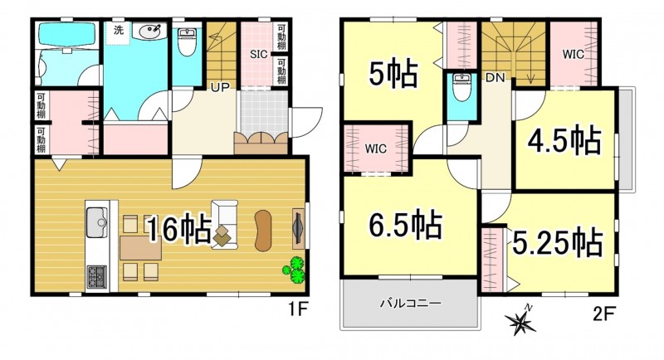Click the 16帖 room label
tap(179, 229)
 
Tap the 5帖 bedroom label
tap(393, 74)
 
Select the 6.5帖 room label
tap(405, 224)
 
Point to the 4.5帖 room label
tap(564, 140)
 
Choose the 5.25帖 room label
tap(557, 242)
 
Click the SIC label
tap(258, 54)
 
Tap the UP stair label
tap(220, 88)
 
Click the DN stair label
tap(495, 78)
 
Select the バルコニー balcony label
tap(410, 304)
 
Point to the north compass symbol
tap(521, 321)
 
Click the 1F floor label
tap(297, 310)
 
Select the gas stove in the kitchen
tap(97, 277)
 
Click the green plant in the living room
tap(295, 269)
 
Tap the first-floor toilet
tap(187, 41)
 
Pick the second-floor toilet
tap(461, 88)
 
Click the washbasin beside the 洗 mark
tap(149, 31)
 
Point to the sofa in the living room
tap(224, 225)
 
